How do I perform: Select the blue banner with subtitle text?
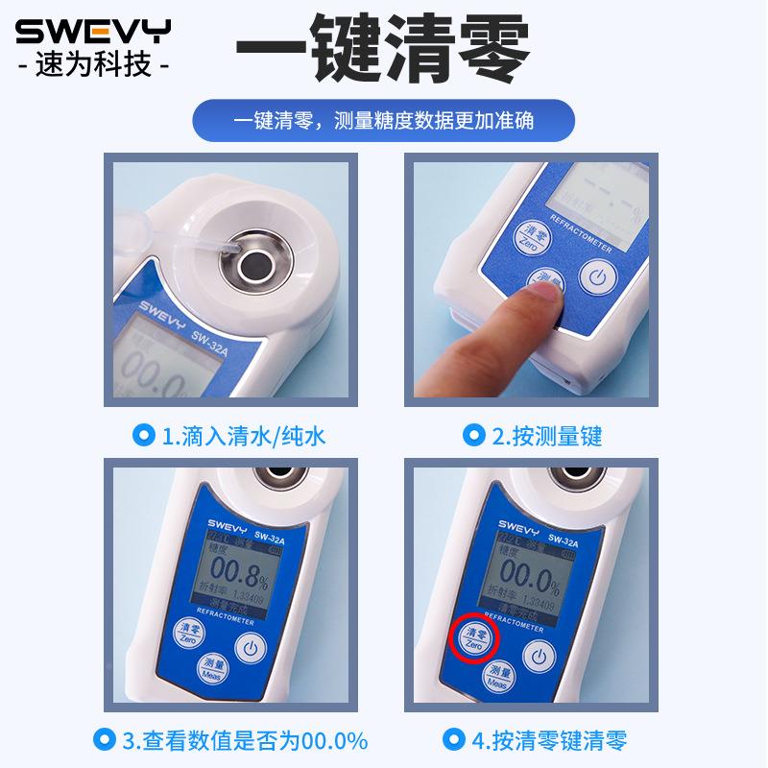(383, 122)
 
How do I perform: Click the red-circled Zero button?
(475, 637)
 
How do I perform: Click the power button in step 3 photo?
(252, 649)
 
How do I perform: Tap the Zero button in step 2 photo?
(535, 236)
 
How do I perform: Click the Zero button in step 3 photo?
(191, 632)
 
